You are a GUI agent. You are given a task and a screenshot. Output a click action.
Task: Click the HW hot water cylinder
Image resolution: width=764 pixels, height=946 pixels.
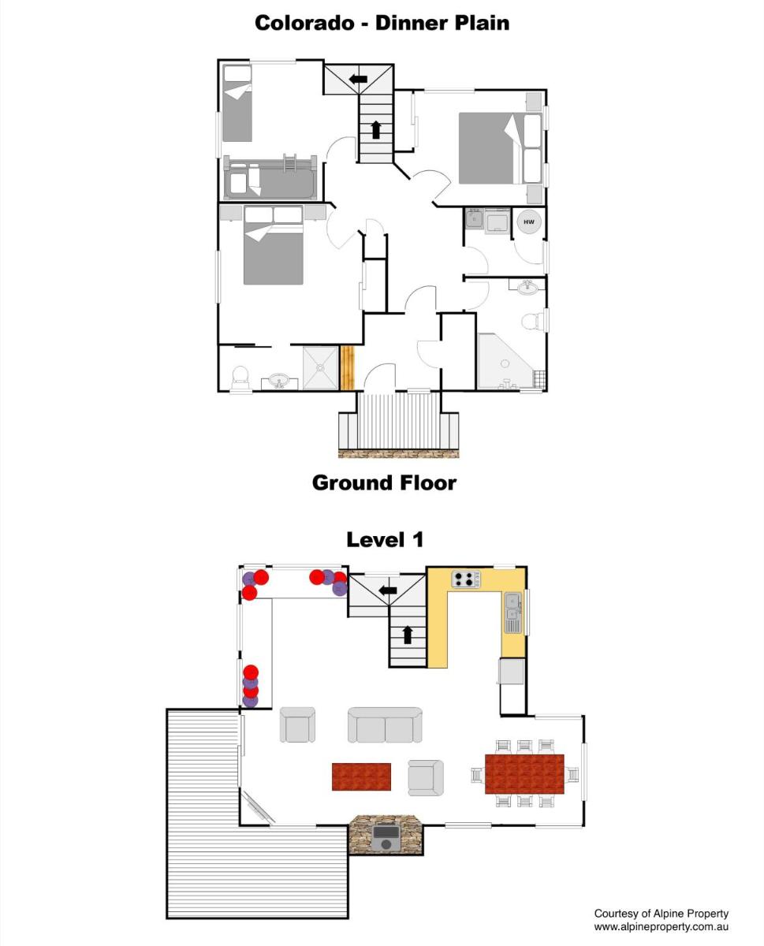[528, 222]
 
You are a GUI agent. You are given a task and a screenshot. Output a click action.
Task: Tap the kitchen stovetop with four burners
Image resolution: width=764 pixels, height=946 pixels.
[465, 579]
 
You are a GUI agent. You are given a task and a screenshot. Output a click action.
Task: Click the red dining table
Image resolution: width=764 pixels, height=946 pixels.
[524, 774]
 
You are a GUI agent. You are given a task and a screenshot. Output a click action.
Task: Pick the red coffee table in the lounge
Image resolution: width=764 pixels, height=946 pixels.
[361, 777]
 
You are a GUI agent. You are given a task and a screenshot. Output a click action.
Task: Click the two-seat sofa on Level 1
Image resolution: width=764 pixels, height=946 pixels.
[385, 725]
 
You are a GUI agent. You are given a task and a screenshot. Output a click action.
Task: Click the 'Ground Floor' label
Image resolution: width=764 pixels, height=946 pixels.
[384, 482]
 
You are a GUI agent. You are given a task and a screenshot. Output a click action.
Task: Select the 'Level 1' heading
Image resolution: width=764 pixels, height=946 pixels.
[385, 540]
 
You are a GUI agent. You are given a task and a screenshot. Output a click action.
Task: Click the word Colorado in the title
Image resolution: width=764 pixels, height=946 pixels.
[304, 23]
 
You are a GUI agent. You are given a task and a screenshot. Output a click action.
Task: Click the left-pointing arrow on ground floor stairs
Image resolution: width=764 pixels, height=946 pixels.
[358, 80]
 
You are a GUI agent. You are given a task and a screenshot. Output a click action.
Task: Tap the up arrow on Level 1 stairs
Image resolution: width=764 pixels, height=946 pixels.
[408, 635]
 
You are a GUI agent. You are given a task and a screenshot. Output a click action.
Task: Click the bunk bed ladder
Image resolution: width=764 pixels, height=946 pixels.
[289, 163]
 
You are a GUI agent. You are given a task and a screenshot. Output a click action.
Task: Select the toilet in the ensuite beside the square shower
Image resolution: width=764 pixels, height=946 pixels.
[240, 379]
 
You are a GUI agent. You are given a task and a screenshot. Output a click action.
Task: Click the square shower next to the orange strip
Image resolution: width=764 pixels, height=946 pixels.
[320, 367]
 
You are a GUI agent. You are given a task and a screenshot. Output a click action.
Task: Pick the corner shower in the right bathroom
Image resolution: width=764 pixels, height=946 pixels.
[505, 361]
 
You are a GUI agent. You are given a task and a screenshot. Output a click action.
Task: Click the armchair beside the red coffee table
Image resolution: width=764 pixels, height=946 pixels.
[426, 778]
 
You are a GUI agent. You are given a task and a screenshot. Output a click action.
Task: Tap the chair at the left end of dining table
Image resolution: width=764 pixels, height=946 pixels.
[478, 775]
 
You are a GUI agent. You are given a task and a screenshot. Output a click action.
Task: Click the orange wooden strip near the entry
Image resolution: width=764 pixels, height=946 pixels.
[348, 367]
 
